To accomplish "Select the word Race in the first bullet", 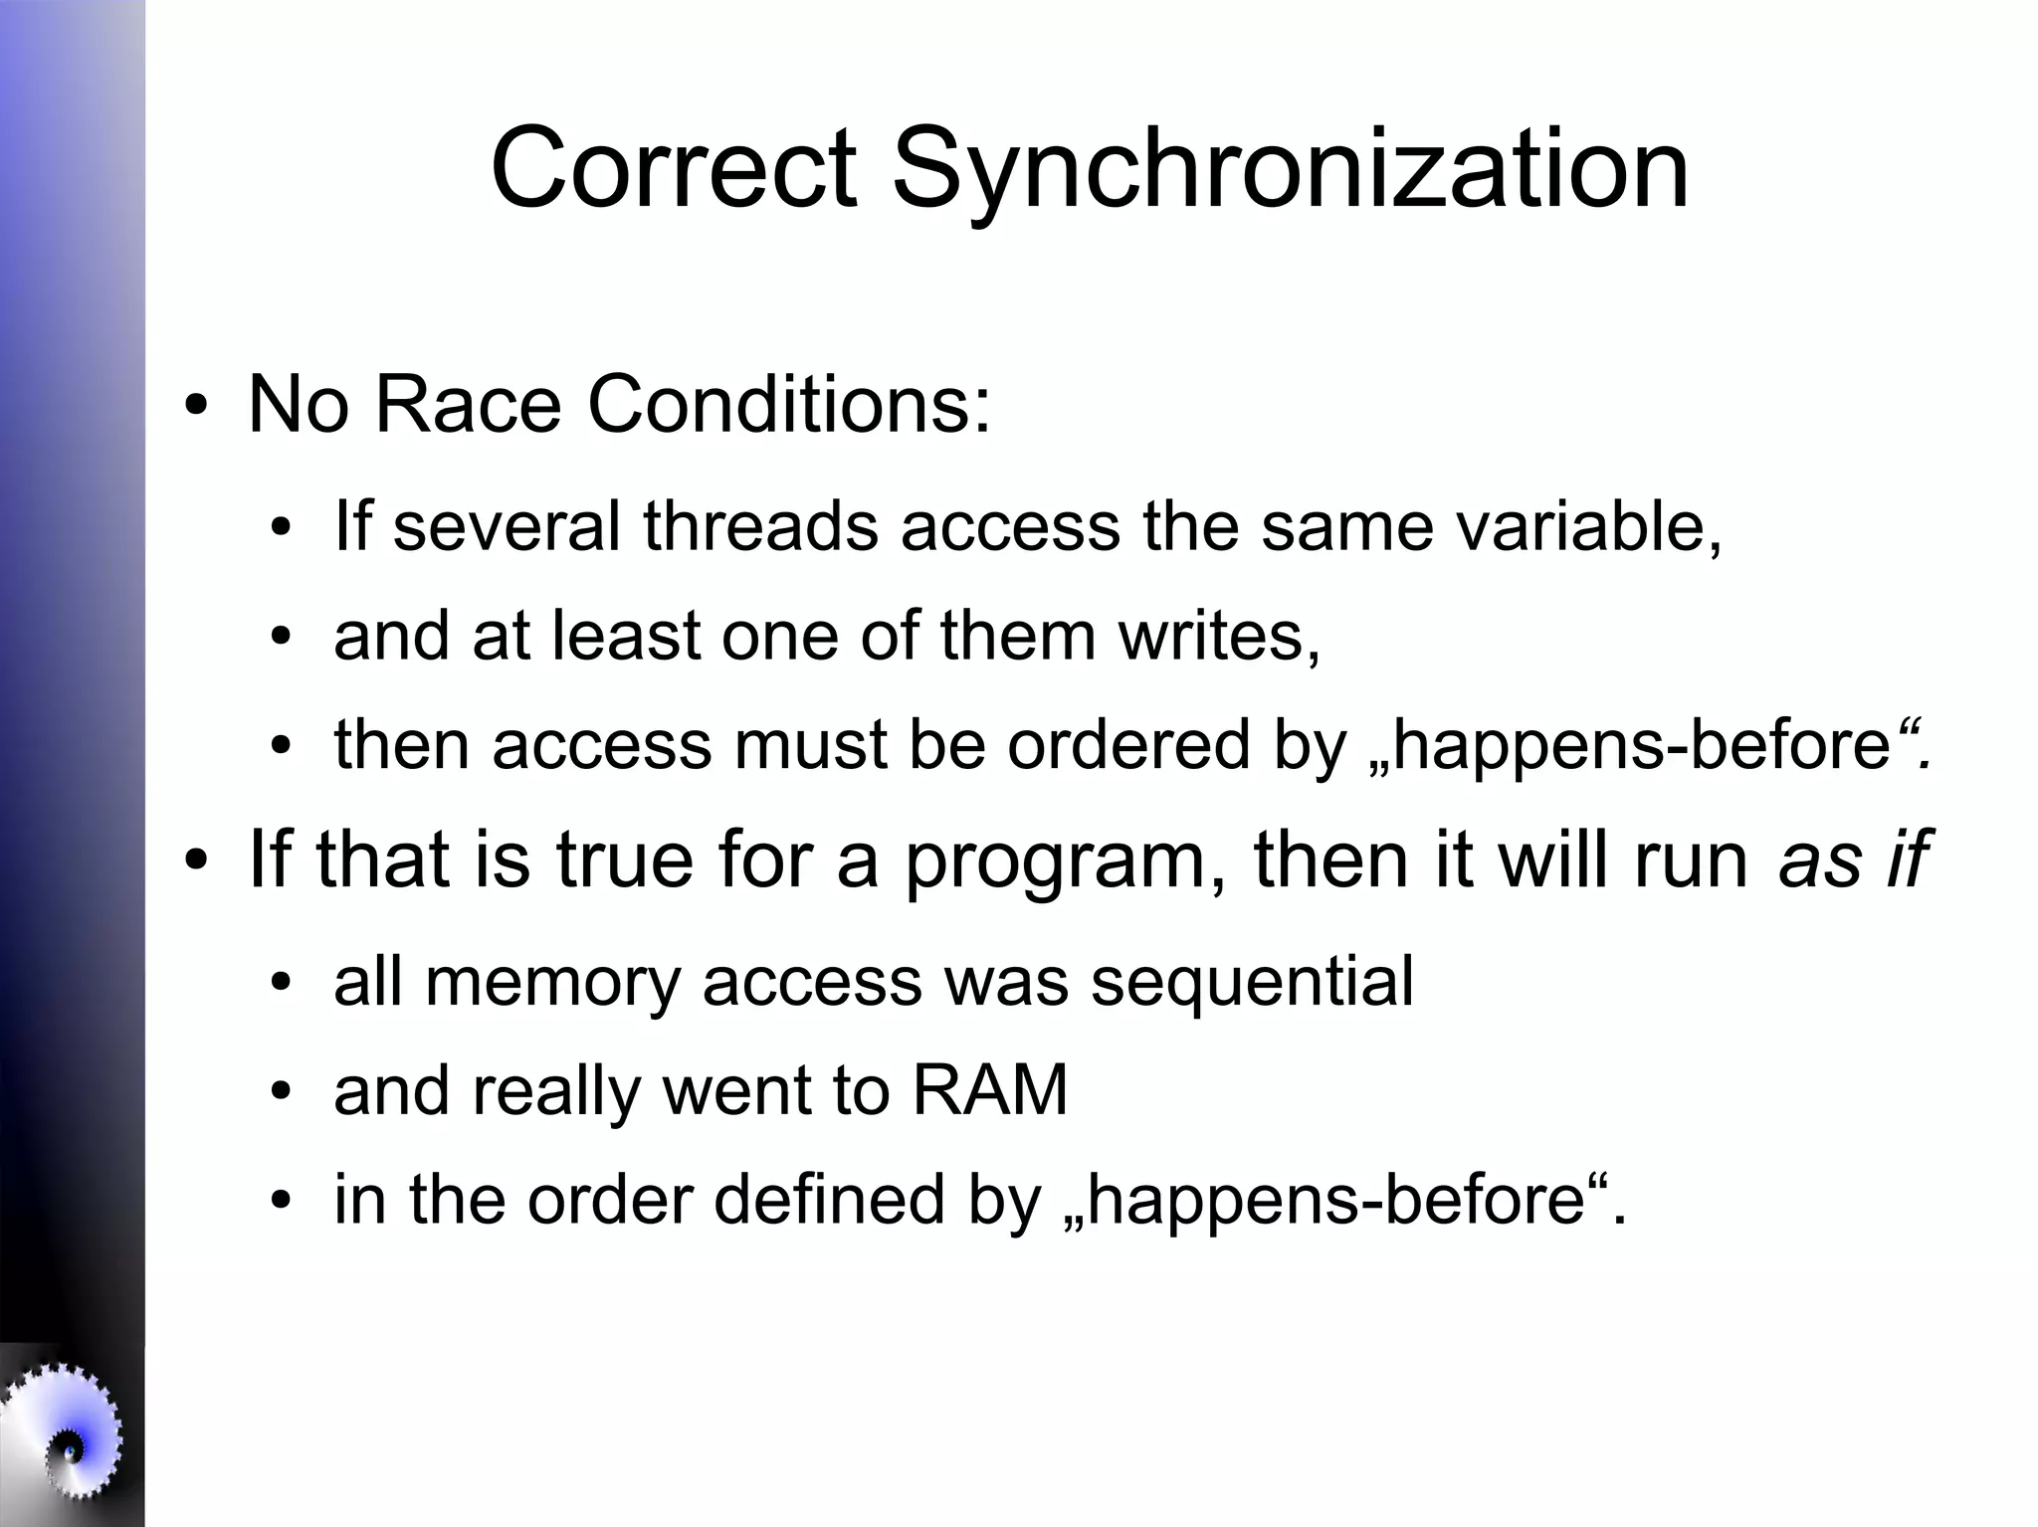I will (467, 405).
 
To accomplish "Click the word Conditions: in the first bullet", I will (790, 405).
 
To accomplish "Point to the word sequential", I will (1252, 981).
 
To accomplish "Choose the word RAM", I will (989, 1090).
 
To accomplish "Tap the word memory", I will (552, 983).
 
